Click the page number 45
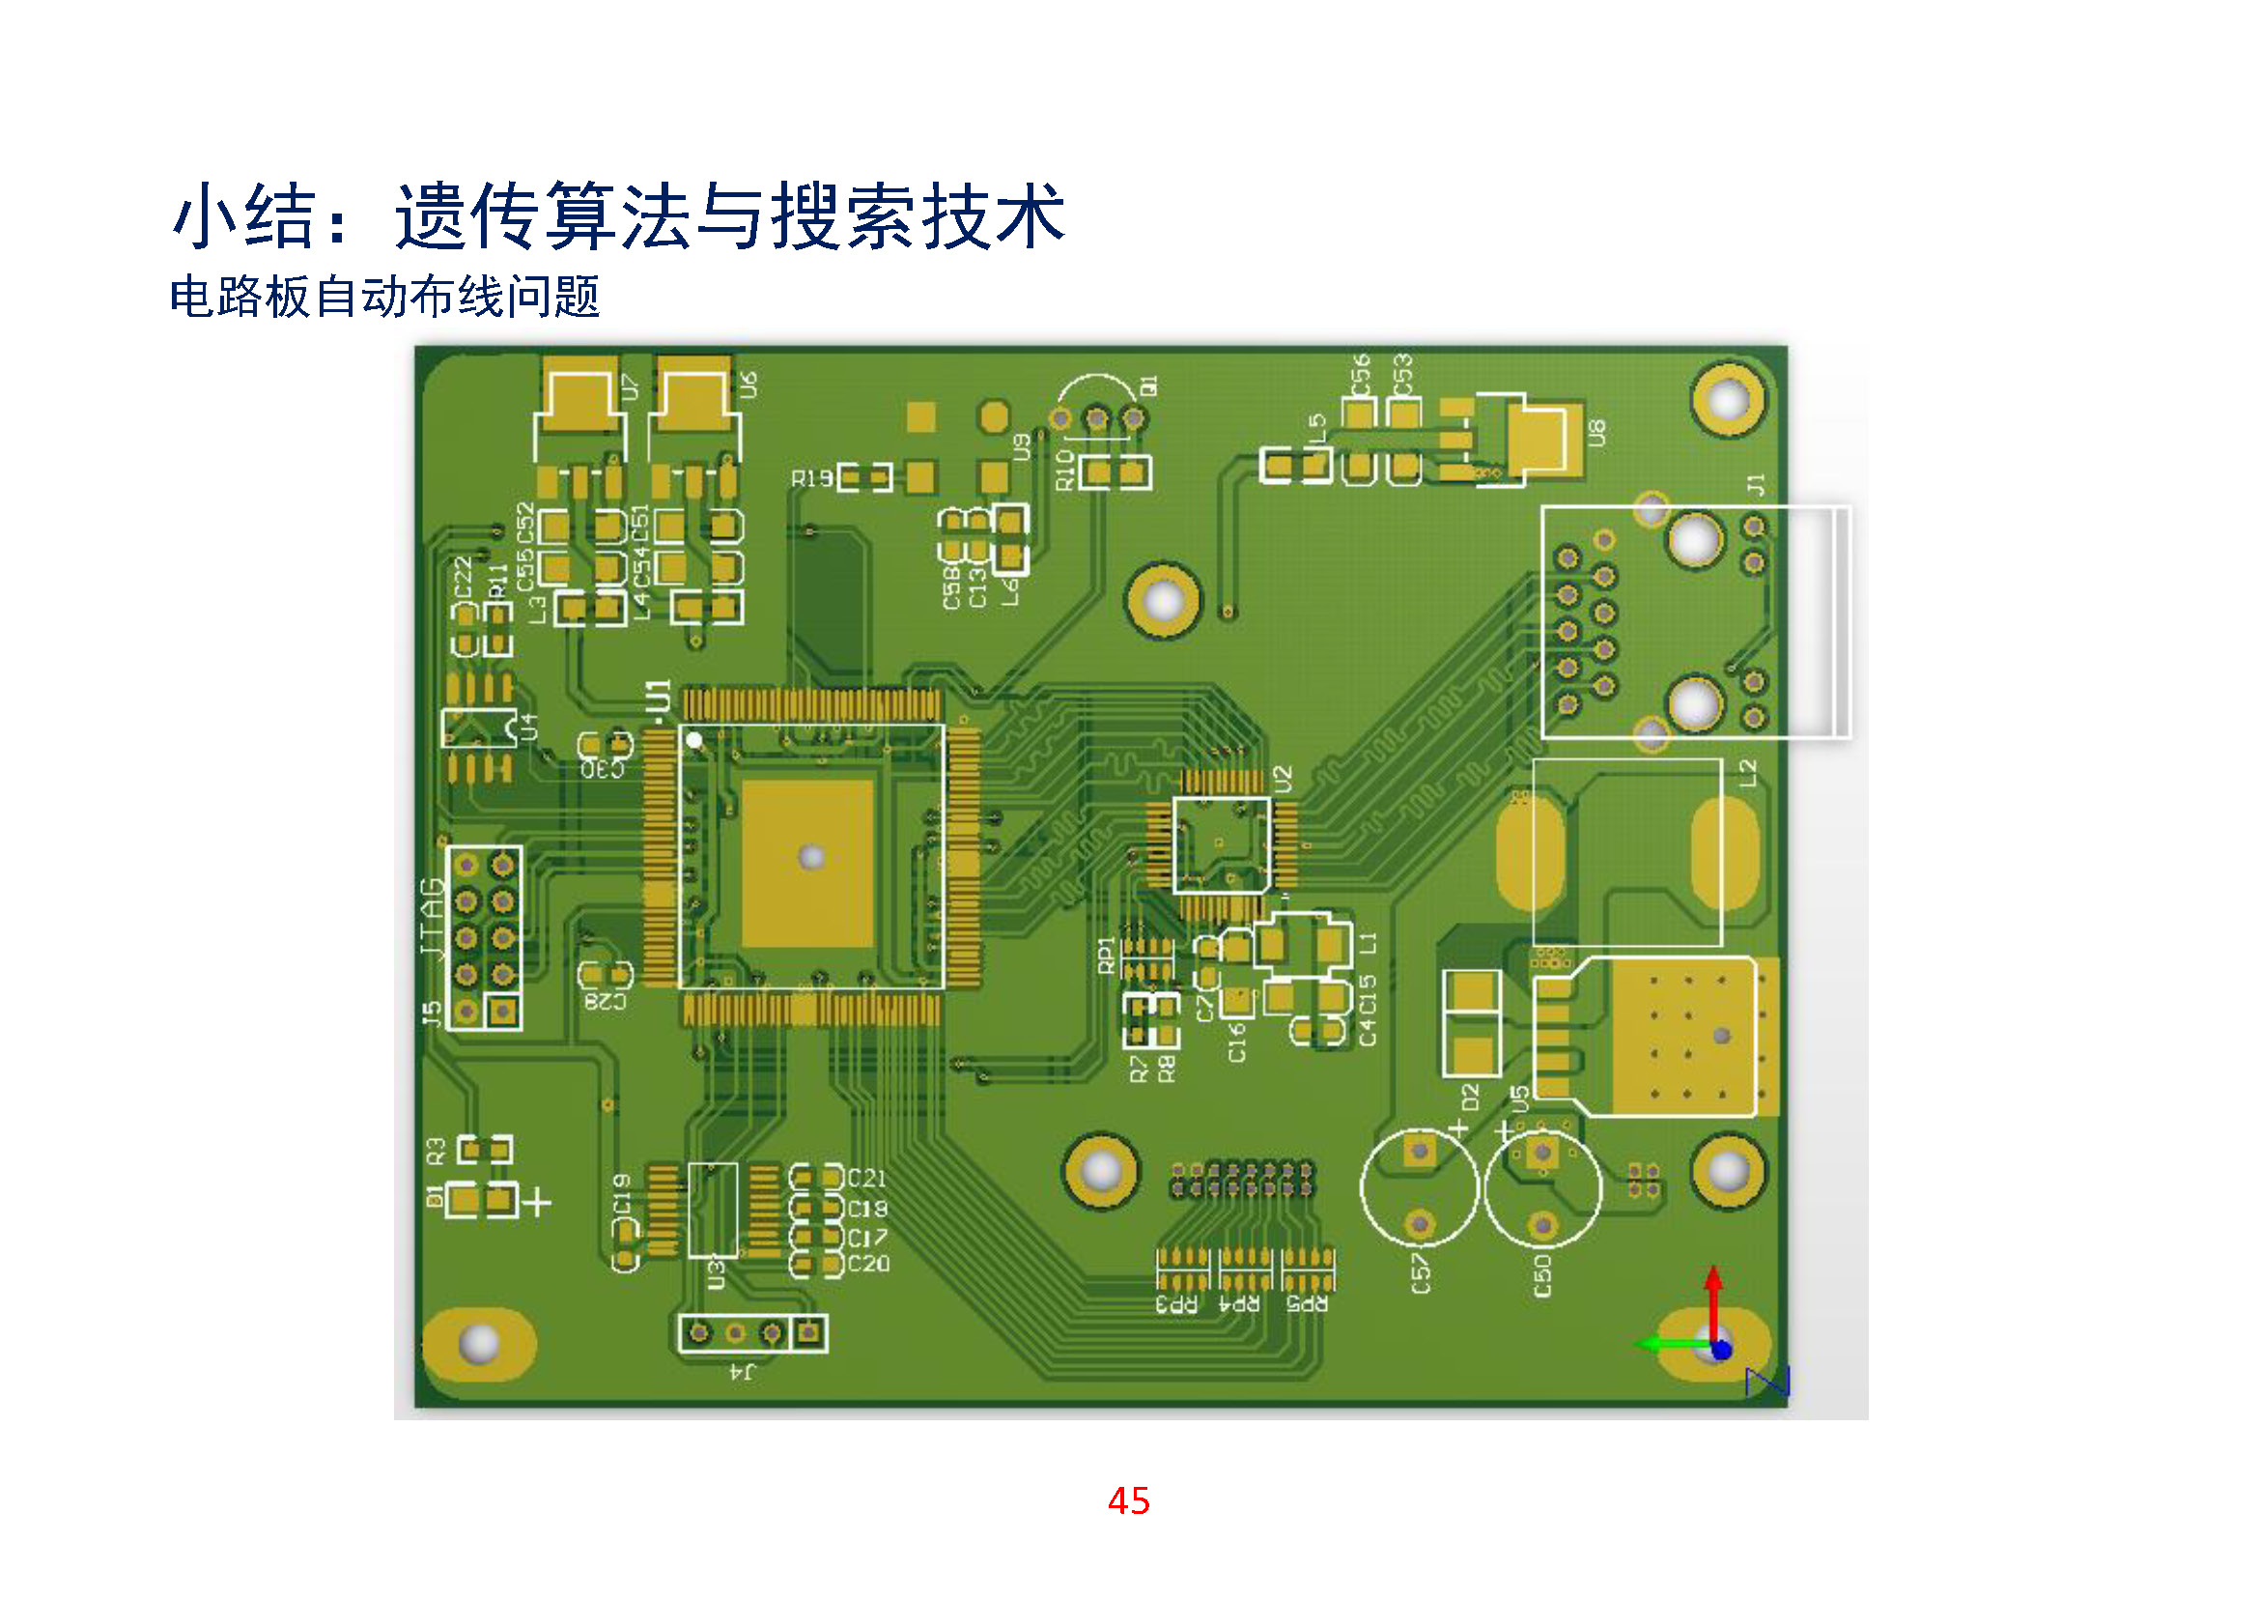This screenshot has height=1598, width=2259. (x=1128, y=1500)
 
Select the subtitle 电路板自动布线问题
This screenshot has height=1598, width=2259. (x=384, y=297)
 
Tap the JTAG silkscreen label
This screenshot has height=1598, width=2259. (x=432, y=917)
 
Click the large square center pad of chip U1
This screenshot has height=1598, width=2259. (x=808, y=863)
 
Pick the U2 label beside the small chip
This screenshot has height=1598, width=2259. (x=1282, y=780)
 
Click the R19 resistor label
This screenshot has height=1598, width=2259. (x=811, y=479)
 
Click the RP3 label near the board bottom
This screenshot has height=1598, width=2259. (x=1176, y=1303)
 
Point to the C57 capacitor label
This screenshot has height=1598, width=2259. (x=1420, y=1272)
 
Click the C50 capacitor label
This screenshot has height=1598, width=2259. (x=1542, y=1274)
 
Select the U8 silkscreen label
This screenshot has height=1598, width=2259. (x=1596, y=432)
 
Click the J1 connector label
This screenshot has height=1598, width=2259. (x=1756, y=483)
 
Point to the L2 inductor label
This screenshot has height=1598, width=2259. (x=1747, y=774)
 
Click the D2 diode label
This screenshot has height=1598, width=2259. (x=1470, y=1097)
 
